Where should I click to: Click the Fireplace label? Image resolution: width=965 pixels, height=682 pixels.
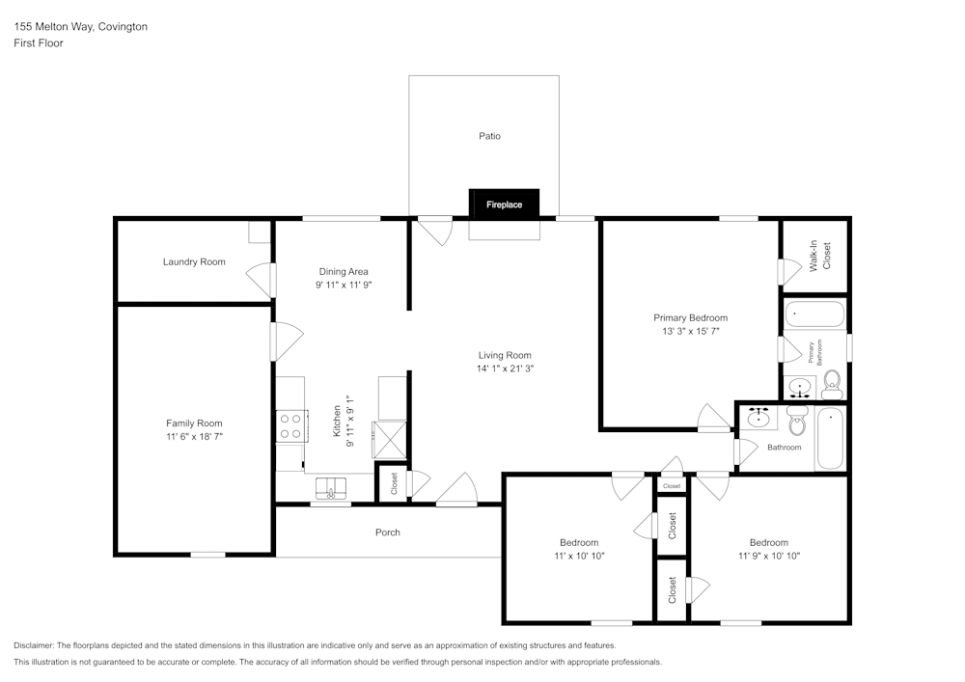click(504, 205)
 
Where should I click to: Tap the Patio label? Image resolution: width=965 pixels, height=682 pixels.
click(489, 136)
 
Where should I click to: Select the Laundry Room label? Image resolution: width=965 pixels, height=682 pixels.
click(194, 261)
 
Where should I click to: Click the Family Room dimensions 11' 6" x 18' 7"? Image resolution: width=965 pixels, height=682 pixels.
click(194, 437)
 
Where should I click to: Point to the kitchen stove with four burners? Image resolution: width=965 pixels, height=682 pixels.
click(291, 426)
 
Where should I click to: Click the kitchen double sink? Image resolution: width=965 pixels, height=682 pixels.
click(330, 487)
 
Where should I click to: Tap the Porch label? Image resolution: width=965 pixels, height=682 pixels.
click(387, 532)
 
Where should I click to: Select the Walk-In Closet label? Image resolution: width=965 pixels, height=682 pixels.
click(819, 256)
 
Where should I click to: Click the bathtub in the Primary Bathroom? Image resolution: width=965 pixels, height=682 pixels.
click(814, 314)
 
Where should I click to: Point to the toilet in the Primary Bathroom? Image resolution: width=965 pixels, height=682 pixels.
click(832, 384)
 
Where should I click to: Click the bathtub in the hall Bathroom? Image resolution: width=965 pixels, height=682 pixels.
click(830, 439)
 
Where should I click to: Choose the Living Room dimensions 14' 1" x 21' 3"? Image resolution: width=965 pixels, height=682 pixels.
click(504, 368)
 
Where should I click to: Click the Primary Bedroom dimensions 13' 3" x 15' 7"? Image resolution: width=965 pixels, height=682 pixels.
click(690, 331)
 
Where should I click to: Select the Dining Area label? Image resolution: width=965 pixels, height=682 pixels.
click(344, 271)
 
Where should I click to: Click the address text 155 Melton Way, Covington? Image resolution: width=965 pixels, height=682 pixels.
click(80, 27)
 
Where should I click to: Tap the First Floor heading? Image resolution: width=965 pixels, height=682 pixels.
click(39, 43)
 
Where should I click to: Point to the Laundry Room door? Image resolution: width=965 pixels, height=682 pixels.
click(261, 281)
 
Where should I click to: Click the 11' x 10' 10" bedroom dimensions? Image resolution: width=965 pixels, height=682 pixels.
click(579, 556)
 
